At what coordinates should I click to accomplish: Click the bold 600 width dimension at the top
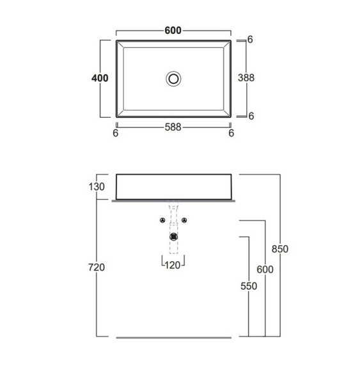(173, 31)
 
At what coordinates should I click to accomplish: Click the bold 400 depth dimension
(100, 78)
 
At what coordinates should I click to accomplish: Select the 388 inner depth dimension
(246, 77)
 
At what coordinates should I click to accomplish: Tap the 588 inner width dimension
(173, 127)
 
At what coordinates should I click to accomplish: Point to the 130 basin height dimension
(97, 187)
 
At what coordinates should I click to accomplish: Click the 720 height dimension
(97, 268)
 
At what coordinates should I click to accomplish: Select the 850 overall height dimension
(280, 249)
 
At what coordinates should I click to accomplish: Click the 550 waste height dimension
(249, 286)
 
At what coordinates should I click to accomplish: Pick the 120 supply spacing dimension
(173, 265)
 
